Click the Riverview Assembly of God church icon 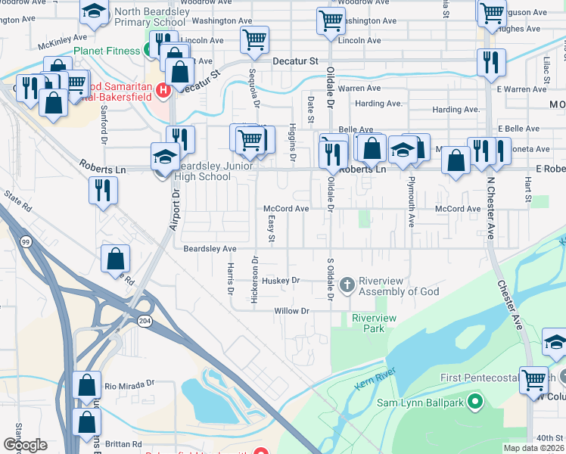tap(347, 285)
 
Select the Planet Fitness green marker tap(149, 51)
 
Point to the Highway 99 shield tap(26, 241)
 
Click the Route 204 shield tap(145, 322)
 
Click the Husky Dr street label tap(281, 281)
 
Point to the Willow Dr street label tap(292, 311)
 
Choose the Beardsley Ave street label tap(210, 248)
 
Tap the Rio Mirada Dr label tap(129, 384)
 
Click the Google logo tap(25, 445)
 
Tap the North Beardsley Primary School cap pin tap(94, 12)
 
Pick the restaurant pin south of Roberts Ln tap(102, 191)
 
